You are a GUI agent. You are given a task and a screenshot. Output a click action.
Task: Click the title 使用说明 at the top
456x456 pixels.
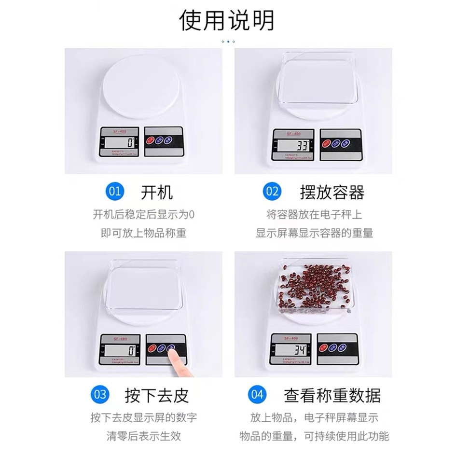pyautogui.click(x=227, y=20)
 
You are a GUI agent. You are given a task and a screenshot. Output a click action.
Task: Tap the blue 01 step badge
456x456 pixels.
pyautogui.click(x=114, y=192)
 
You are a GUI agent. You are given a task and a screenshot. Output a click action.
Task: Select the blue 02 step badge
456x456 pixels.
pyautogui.click(x=272, y=192)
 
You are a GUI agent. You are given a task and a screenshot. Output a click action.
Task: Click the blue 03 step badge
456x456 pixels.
pyautogui.click(x=100, y=394)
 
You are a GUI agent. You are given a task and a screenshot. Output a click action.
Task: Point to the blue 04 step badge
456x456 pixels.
pyautogui.click(x=257, y=394)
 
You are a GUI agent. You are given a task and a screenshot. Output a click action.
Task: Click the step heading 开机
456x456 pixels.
pyautogui.click(x=156, y=192)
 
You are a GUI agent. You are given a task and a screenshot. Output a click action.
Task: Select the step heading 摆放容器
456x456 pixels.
pyautogui.click(x=332, y=192)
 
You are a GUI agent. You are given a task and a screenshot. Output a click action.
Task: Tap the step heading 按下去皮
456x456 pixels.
pyautogui.click(x=156, y=395)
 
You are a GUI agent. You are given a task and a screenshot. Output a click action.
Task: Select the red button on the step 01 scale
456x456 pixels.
pyautogui.click(x=150, y=140)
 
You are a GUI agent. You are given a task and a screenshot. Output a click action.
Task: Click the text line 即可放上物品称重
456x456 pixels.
pyautogui.click(x=143, y=233)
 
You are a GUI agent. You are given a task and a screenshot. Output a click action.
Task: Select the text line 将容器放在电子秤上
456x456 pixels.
pyautogui.click(x=314, y=214)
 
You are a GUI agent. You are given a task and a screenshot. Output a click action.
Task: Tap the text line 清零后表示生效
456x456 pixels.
pyautogui.click(x=143, y=436)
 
